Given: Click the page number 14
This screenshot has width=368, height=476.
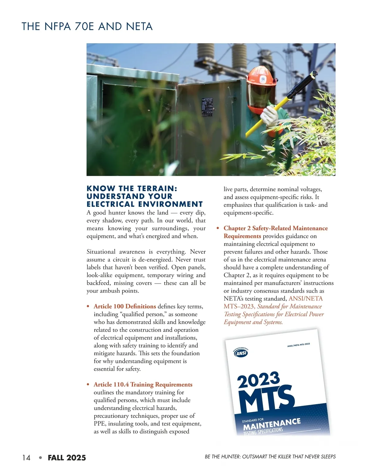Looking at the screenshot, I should [26, 458].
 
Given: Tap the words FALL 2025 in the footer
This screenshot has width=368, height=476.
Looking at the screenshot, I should [67, 458].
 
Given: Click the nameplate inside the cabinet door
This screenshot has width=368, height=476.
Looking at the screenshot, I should [207, 107].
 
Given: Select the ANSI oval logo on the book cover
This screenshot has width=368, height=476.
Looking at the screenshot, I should [241, 353].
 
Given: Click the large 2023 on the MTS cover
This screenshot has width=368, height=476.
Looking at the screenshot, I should [259, 380].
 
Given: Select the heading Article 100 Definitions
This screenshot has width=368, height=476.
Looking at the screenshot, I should [125, 306].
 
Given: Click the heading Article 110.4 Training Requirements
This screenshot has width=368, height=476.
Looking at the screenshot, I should [143, 384].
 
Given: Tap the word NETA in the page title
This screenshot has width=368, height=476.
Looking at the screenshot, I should [139, 26].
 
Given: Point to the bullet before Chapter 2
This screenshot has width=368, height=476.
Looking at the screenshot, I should [218, 228].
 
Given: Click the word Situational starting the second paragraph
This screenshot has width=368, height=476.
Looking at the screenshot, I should [101, 252].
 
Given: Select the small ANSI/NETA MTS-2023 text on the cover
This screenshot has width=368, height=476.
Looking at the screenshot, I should [298, 345].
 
